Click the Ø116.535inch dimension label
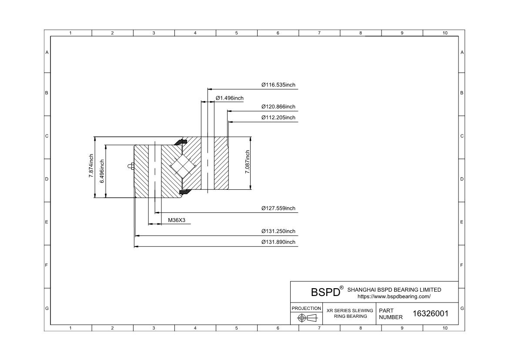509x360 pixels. click(x=278, y=85)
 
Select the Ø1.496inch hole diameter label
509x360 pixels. click(x=230, y=98)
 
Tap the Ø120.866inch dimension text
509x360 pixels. click(x=278, y=107)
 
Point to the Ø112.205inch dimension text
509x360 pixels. click(x=278, y=118)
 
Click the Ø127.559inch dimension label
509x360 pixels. click(x=278, y=208)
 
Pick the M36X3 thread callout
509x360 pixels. click(x=177, y=220)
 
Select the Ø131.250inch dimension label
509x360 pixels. click(x=278, y=231)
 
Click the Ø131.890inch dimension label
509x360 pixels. click(x=278, y=242)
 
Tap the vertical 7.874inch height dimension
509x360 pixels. click(x=91, y=166)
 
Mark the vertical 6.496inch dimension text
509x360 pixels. click(x=102, y=171)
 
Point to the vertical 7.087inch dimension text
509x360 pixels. click(x=248, y=162)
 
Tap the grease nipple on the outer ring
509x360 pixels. click(x=131, y=166)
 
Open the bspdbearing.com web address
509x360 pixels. click(x=394, y=296)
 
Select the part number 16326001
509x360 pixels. click(x=430, y=313)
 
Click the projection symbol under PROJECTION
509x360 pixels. click(x=307, y=318)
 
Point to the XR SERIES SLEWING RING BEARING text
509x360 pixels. click(x=350, y=313)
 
